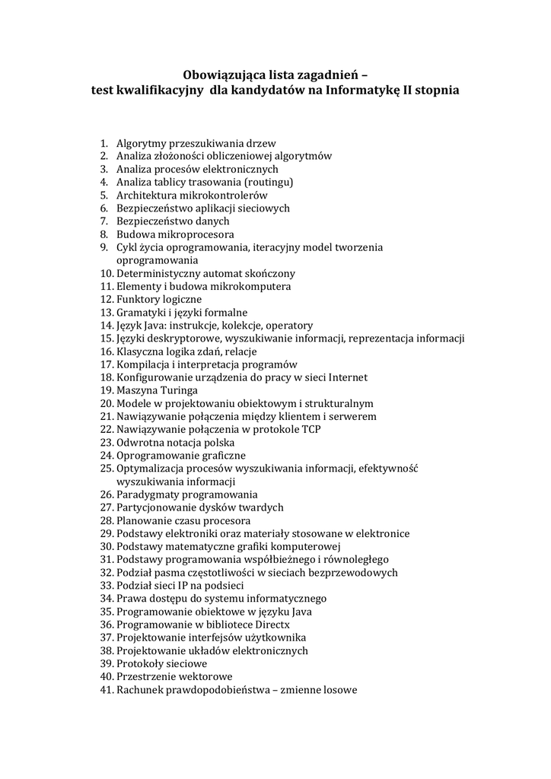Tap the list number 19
(x=107, y=390)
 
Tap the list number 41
(x=107, y=690)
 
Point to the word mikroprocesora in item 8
(x=196, y=234)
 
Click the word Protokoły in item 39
(x=140, y=663)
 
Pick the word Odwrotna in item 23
(x=139, y=442)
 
